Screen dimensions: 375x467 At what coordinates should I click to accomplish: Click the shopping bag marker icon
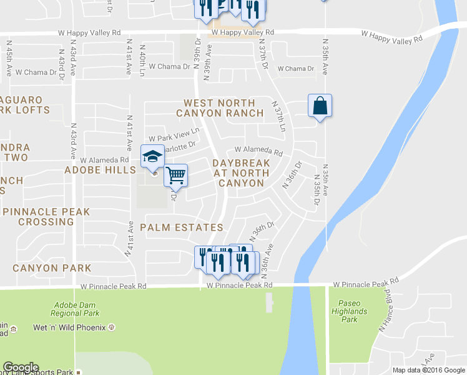(x=320, y=106)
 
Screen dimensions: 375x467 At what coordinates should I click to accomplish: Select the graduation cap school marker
(x=152, y=156)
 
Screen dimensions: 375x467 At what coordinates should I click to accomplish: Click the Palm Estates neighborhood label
(x=181, y=227)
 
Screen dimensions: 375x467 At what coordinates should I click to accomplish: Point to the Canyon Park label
(x=52, y=268)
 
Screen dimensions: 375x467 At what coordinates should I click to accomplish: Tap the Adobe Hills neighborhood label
(x=100, y=170)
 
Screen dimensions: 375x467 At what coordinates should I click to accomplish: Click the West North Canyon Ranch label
(x=219, y=107)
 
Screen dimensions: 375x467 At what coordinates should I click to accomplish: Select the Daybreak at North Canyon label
(x=241, y=173)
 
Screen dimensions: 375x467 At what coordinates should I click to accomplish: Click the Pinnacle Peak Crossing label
(x=46, y=217)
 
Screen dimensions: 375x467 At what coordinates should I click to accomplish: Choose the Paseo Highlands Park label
(x=350, y=311)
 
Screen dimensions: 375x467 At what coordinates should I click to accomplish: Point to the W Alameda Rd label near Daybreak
(x=258, y=151)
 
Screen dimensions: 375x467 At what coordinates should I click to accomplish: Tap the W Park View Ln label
(x=174, y=134)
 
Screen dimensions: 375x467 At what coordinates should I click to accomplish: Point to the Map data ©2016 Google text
(x=428, y=370)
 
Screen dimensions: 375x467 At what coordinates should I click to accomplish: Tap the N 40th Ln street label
(x=142, y=60)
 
